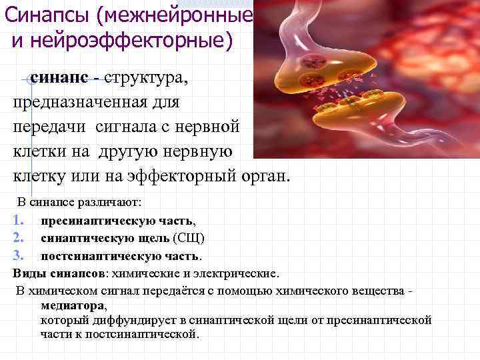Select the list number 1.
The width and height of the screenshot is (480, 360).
coord(18,221)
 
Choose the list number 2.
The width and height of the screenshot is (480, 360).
coord(18,238)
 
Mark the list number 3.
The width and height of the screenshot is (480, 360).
coord(18,255)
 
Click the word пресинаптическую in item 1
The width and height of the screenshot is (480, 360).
coord(99,221)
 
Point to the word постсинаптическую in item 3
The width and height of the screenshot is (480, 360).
coord(103,255)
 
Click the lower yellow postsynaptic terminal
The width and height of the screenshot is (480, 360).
coord(373,113)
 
